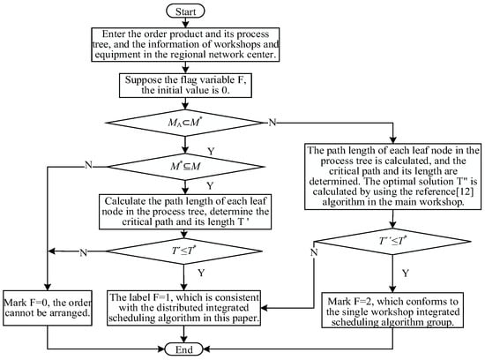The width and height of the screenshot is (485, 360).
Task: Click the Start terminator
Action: coord(185,11)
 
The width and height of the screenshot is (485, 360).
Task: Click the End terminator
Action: coord(183,349)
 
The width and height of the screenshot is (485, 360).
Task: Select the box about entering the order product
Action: coord(185,45)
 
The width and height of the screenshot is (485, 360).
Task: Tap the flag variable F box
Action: coord(185,85)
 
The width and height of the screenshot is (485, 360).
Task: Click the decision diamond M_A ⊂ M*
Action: coord(184,123)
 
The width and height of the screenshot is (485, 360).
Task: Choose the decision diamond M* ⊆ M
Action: coord(185,167)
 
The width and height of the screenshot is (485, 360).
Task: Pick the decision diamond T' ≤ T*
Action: coord(184,251)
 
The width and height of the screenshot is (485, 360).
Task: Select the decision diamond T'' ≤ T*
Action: coord(392,241)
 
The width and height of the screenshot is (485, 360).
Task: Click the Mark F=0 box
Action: coord(48,308)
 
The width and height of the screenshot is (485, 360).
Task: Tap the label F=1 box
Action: coord(183,308)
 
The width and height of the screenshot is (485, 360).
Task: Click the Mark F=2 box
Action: coord(392,311)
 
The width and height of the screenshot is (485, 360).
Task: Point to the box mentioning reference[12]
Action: coord(392,176)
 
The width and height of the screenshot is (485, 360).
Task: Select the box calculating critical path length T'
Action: coord(185,212)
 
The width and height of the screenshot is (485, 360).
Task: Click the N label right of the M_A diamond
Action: coord(272,123)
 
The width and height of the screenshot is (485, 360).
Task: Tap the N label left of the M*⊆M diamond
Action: coord(88,165)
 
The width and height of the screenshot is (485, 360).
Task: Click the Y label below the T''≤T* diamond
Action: coord(406,273)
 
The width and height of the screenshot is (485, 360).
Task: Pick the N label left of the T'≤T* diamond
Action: coord(83,253)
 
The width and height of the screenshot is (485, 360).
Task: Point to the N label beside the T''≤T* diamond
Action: coord(314,252)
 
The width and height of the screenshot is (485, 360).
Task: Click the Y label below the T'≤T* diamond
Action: coord(201,273)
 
